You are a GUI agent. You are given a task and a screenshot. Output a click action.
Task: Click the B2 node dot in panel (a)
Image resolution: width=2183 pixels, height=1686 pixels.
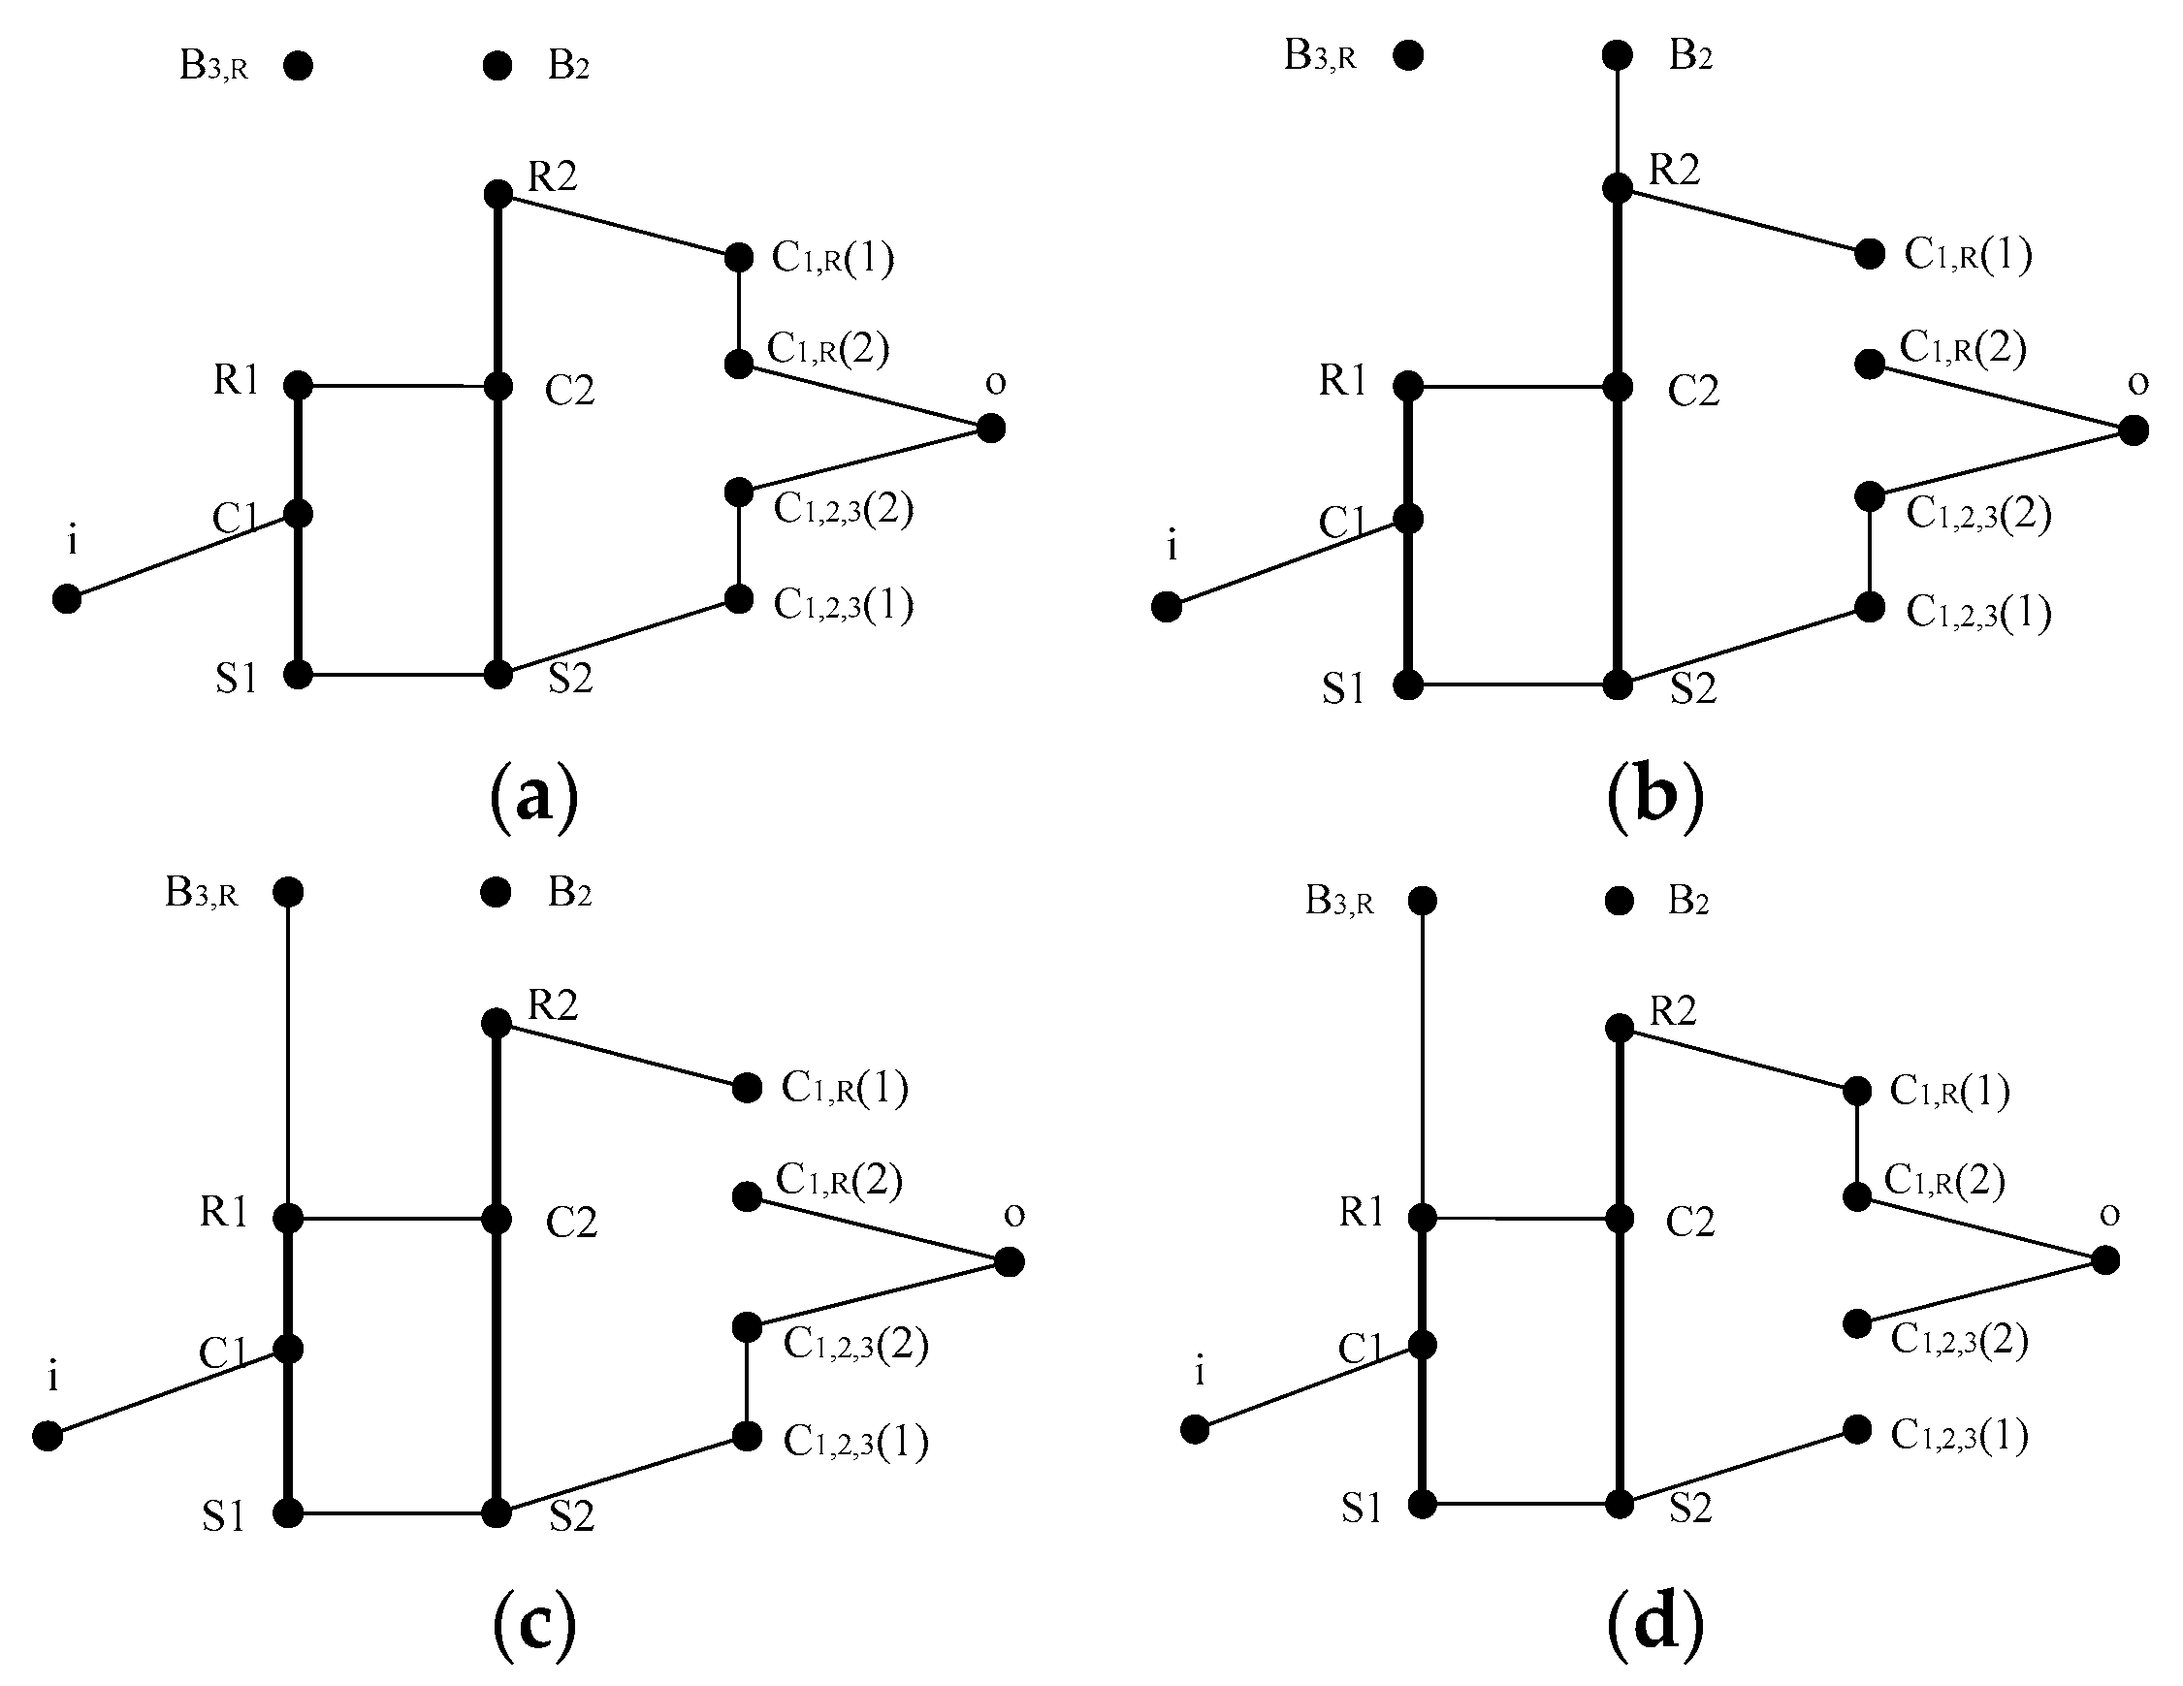[497, 66]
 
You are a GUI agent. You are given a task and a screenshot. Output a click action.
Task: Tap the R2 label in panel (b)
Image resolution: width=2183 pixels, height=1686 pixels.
[1673, 170]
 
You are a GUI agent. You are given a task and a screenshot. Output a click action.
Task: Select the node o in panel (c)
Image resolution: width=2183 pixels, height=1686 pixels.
[1010, 1262]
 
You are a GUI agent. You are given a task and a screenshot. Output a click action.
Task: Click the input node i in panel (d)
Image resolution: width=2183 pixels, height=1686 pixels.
[1195, 1429]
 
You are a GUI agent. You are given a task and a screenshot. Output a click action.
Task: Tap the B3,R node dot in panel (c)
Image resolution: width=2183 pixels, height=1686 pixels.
[288, 891]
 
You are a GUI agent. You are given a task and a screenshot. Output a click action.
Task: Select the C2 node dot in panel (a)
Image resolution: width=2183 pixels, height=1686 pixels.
[497, 386]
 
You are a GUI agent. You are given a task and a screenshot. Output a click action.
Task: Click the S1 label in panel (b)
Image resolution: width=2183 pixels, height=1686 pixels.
[1342, 688]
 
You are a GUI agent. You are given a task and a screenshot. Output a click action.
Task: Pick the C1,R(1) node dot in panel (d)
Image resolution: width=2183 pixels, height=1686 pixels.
[1856, 1092]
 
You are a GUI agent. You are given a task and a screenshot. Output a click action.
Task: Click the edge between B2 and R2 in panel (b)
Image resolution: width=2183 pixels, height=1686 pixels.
[1617, 120]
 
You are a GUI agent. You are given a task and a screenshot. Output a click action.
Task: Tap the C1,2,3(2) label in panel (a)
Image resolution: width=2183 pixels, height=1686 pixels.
[843, 510]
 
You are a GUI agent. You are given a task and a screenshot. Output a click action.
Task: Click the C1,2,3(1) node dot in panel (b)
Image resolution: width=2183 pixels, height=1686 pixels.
[1869, 607]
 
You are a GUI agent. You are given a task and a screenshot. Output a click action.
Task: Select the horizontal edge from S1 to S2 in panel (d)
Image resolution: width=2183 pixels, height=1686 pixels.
[1520, 1503]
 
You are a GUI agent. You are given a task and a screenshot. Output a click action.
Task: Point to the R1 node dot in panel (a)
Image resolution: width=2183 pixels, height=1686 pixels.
[298, 385]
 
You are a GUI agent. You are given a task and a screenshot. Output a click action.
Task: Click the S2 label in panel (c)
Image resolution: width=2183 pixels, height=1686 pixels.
[572, 1517]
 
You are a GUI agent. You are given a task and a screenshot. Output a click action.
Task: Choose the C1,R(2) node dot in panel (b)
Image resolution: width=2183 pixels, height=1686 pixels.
[1869, 364]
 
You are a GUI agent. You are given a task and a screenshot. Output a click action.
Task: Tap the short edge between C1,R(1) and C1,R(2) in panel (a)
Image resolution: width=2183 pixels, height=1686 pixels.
[738, 311]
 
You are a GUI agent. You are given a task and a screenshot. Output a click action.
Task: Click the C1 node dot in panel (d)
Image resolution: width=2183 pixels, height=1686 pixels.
[1422, 1345]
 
